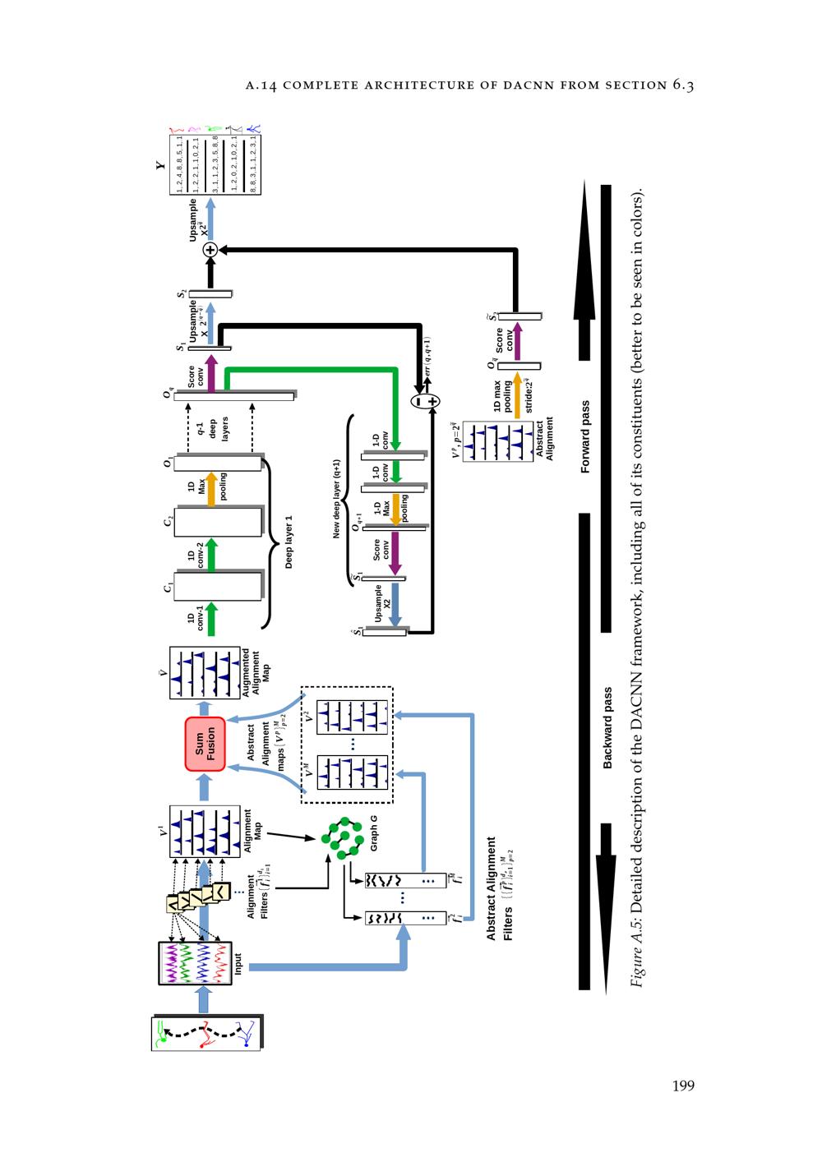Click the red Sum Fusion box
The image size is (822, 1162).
tap(205, 744)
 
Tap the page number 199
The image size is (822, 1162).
tap(683, 1086)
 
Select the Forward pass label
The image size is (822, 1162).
tap(585, 436)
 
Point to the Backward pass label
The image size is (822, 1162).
tap(607, 728)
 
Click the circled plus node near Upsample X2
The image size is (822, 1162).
tap(210, 249)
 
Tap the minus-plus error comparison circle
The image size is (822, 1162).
tap(426, 401)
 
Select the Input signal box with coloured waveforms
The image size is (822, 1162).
tap(196, 962)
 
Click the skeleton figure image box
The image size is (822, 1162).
tap(206, 1033)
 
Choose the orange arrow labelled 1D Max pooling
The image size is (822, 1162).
tap(210, 490)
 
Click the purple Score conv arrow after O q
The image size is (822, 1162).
tap(210, 374)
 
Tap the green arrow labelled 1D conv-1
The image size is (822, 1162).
tap(210, 619)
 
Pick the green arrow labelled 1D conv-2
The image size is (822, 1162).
tap(210, 555)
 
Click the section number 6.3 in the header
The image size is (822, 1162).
tap(683, 84)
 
